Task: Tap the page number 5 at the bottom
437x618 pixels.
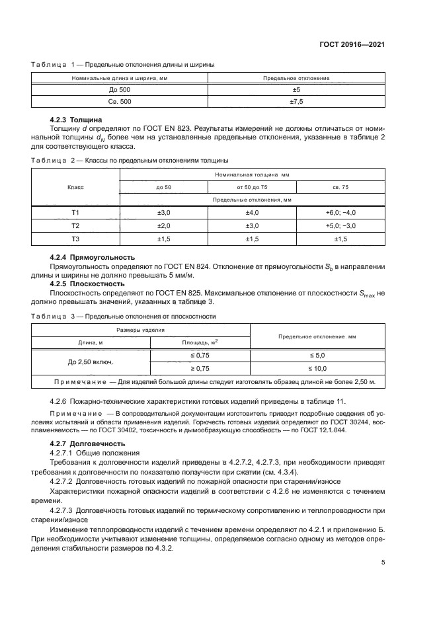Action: coord(383,563)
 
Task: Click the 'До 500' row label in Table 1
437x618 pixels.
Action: coord(120,89)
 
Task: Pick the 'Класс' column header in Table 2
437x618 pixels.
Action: coord(75,187)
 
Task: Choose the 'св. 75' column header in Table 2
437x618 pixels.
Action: coord(340,187)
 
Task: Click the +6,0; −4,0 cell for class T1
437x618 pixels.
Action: coord(340,212)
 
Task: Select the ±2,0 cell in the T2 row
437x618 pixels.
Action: coord(163,225)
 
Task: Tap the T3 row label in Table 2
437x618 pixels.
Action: coord(75,238)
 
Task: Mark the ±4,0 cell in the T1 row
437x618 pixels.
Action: coord(252,212)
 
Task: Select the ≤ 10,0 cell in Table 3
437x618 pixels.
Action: coord(318,368)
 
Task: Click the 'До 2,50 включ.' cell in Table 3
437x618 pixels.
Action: coord(91,362)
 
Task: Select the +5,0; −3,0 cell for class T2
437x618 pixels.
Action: coord(340,225)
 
